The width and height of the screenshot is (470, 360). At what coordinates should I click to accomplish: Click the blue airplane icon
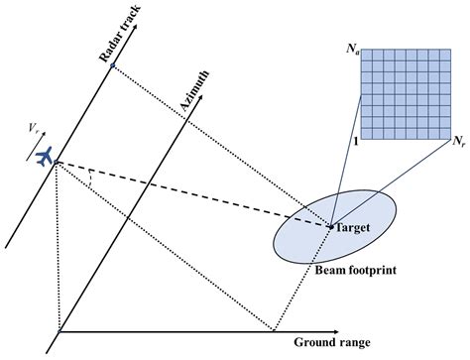point(43,157)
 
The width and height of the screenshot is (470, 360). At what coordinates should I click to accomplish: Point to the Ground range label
point(331,343)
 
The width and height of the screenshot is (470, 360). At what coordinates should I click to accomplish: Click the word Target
point(352,228)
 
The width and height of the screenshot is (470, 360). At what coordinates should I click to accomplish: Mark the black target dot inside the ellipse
point(329,227)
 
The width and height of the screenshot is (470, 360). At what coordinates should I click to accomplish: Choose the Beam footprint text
point(352,269)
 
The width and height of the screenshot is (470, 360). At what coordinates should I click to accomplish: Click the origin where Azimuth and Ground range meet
point(59,331)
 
